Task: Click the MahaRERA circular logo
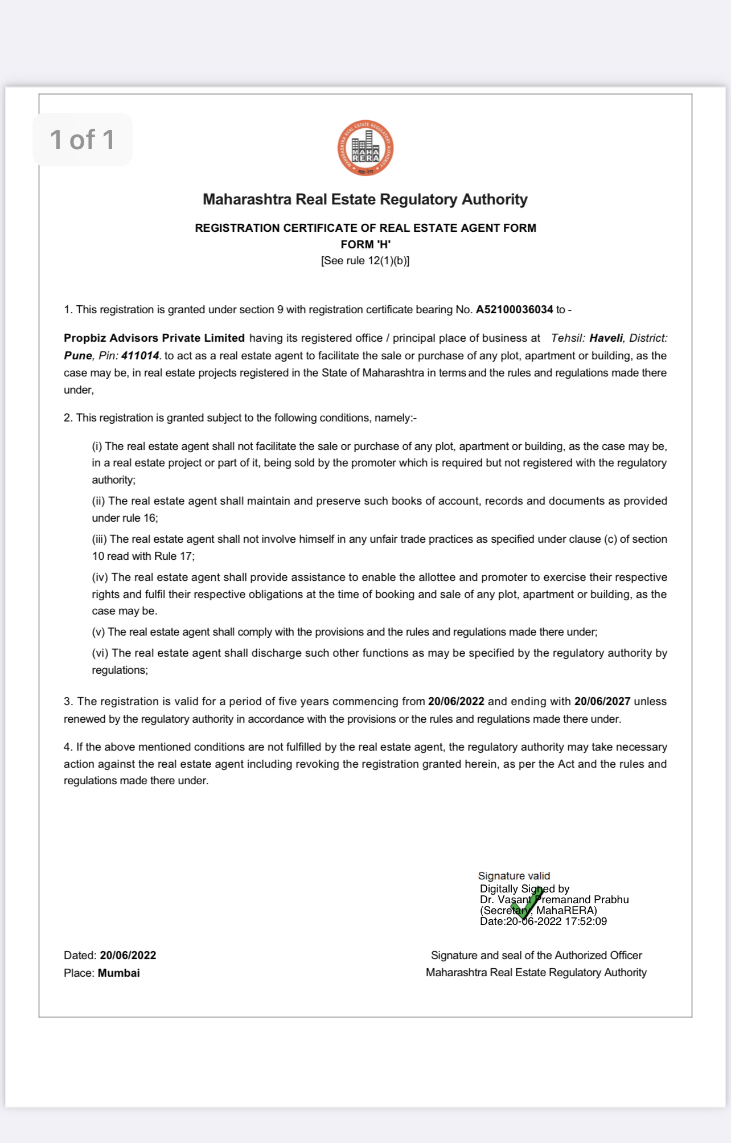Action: (365, 148)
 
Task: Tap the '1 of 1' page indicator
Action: (83, 140)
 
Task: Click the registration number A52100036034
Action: (514, 310)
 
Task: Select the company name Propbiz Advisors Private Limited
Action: (154, 338)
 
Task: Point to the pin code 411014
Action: (140, 356)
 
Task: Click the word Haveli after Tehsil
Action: (606, 338)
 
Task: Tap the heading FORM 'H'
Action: (365, 244)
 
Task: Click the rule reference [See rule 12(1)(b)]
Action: (365, 261)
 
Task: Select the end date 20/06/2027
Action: (602, 702)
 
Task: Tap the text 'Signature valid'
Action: (514, 876)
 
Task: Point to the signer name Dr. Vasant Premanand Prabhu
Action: (554, 900)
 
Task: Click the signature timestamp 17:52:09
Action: (586, 921)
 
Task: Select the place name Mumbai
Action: (118, 973)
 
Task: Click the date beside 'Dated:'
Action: (128, 956)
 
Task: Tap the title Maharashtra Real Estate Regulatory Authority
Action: (365, 199)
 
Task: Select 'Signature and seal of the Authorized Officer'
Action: (536, 956)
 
